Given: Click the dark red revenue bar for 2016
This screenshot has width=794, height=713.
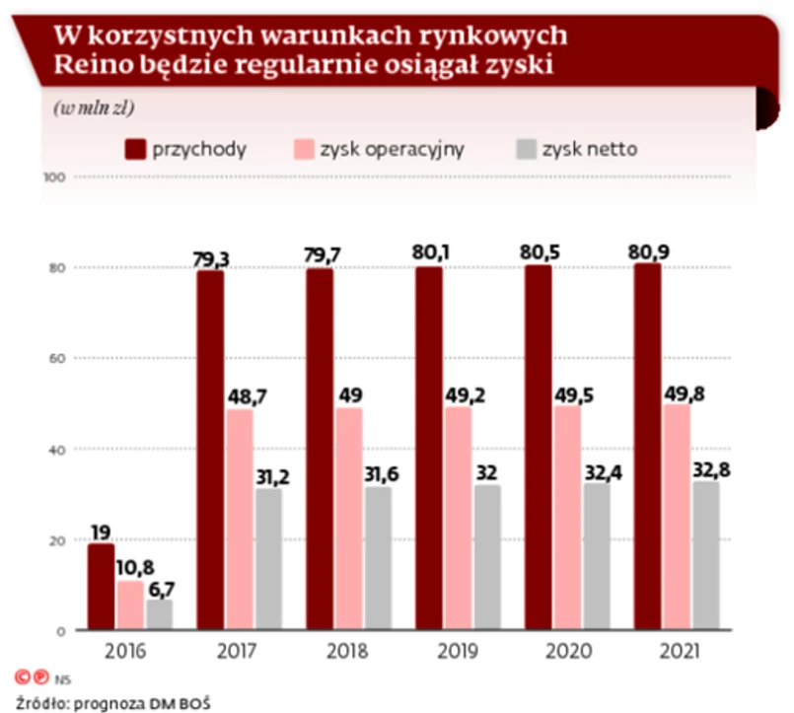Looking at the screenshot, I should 101,587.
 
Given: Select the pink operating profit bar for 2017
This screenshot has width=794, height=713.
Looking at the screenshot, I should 239,520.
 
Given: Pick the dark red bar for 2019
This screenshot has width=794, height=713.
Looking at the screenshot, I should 428,448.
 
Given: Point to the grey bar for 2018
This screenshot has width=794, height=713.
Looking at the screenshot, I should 378,558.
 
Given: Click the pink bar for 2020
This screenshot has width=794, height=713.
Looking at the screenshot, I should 566,517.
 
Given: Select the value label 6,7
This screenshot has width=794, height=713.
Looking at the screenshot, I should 161,589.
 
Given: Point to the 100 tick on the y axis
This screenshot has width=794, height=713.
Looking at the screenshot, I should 54,178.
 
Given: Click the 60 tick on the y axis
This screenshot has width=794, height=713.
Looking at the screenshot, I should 57,358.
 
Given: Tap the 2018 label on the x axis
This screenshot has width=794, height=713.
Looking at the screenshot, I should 348,652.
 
